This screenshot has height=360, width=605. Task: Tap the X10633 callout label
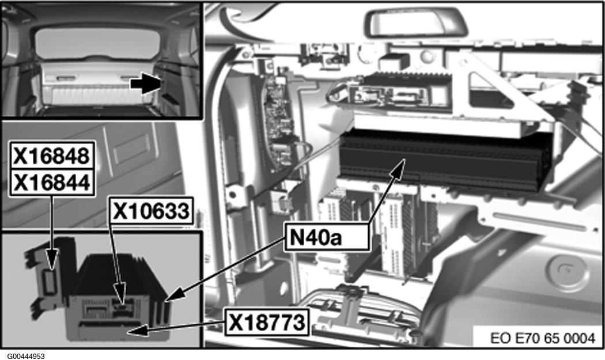coord(151,211)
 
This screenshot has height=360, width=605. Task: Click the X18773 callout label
coord(266,323)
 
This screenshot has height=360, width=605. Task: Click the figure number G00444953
coord(27,355)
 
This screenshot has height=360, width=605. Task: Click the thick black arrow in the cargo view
coord(145,84)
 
